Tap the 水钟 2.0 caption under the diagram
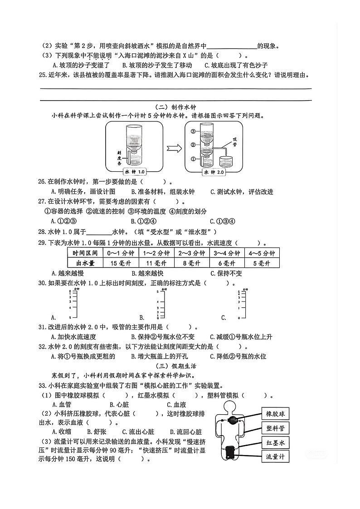coord(214,172)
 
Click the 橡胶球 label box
coord(275,414)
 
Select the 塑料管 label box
coord(275,428)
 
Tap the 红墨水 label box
coord(275,443)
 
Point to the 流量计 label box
coord(275,457)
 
